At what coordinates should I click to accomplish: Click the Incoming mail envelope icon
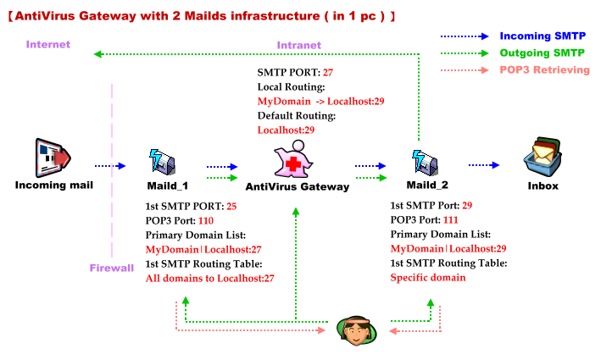click(x=53, y=157)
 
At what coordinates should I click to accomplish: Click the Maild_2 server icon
click(x=424, y=161)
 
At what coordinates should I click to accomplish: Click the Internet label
click(x=48, y=44)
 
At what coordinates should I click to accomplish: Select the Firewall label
click(x=112, y=268)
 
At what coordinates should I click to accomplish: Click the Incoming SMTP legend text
click(x=543, y=36)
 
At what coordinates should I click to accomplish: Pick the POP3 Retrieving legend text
click(x=545, y=69)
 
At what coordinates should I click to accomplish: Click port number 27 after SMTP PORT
click(x=329, y=73)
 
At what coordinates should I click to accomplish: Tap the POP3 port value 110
click(x=206, y=220)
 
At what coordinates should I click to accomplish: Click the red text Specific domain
click(x=428, y=278)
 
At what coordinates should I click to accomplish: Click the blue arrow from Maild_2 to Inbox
click(x=484, y=166)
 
